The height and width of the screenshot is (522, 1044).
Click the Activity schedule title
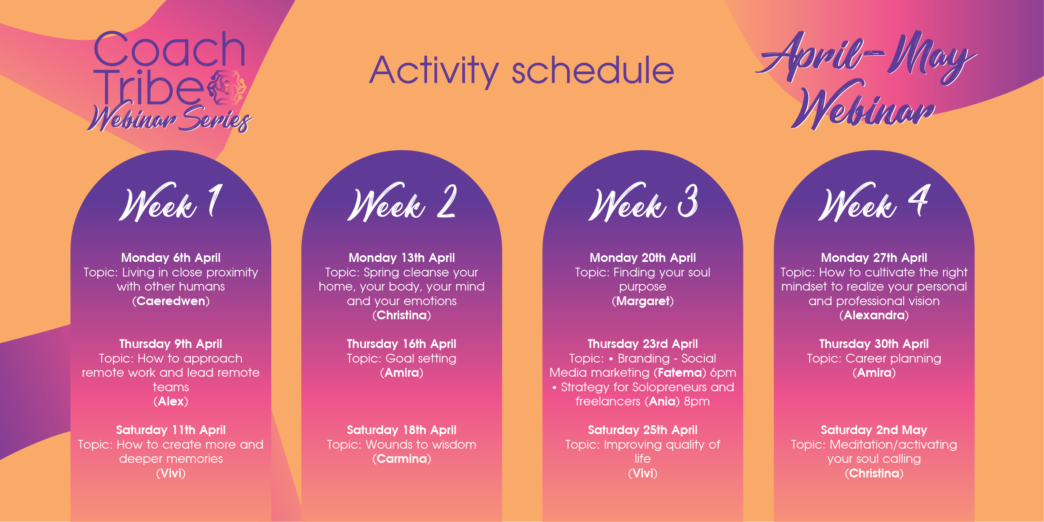tap(522, 71)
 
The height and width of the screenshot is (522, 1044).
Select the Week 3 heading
tap(643, 202)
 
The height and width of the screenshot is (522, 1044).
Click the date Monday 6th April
tap(171, 257)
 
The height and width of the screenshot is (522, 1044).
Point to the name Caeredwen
tap(171, 301)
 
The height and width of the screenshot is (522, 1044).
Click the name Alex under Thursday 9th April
tap(171, 401)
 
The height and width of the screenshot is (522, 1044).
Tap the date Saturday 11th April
tap(171, 430)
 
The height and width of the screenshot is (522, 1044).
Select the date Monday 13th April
tap(402, 257)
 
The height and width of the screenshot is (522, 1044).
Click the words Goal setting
tap(421, 359)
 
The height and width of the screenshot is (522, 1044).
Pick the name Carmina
tap(402, 459)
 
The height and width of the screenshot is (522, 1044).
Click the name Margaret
tap(643, 301)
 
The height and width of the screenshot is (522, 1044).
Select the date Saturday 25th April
tap(643, 430)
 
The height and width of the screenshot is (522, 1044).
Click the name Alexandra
tap(874, 315)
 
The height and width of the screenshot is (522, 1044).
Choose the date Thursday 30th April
tap(874, 344)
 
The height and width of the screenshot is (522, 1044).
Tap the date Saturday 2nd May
tap(874, 430)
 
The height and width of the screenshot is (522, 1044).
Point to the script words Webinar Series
tap(170, 118)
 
